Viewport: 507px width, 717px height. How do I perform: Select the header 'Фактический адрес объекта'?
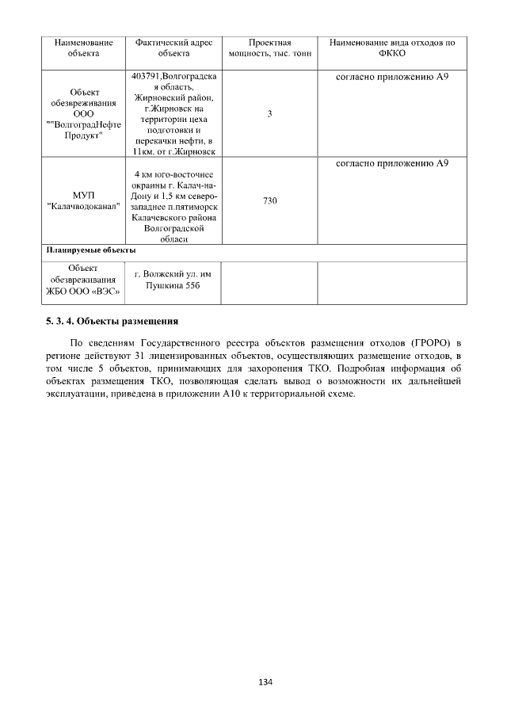click(174, 48)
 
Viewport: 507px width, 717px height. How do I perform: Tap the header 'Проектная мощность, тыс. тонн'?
click(269, 48)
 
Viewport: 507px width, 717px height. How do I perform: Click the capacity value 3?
click(269, 114)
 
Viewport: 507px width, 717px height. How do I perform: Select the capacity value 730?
click(269, 201)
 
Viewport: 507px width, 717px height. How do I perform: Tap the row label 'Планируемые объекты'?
click(85, 251)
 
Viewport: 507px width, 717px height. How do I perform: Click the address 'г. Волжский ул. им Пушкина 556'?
click(174, 280)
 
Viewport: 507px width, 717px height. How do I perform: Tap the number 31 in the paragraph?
click(142, 355)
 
